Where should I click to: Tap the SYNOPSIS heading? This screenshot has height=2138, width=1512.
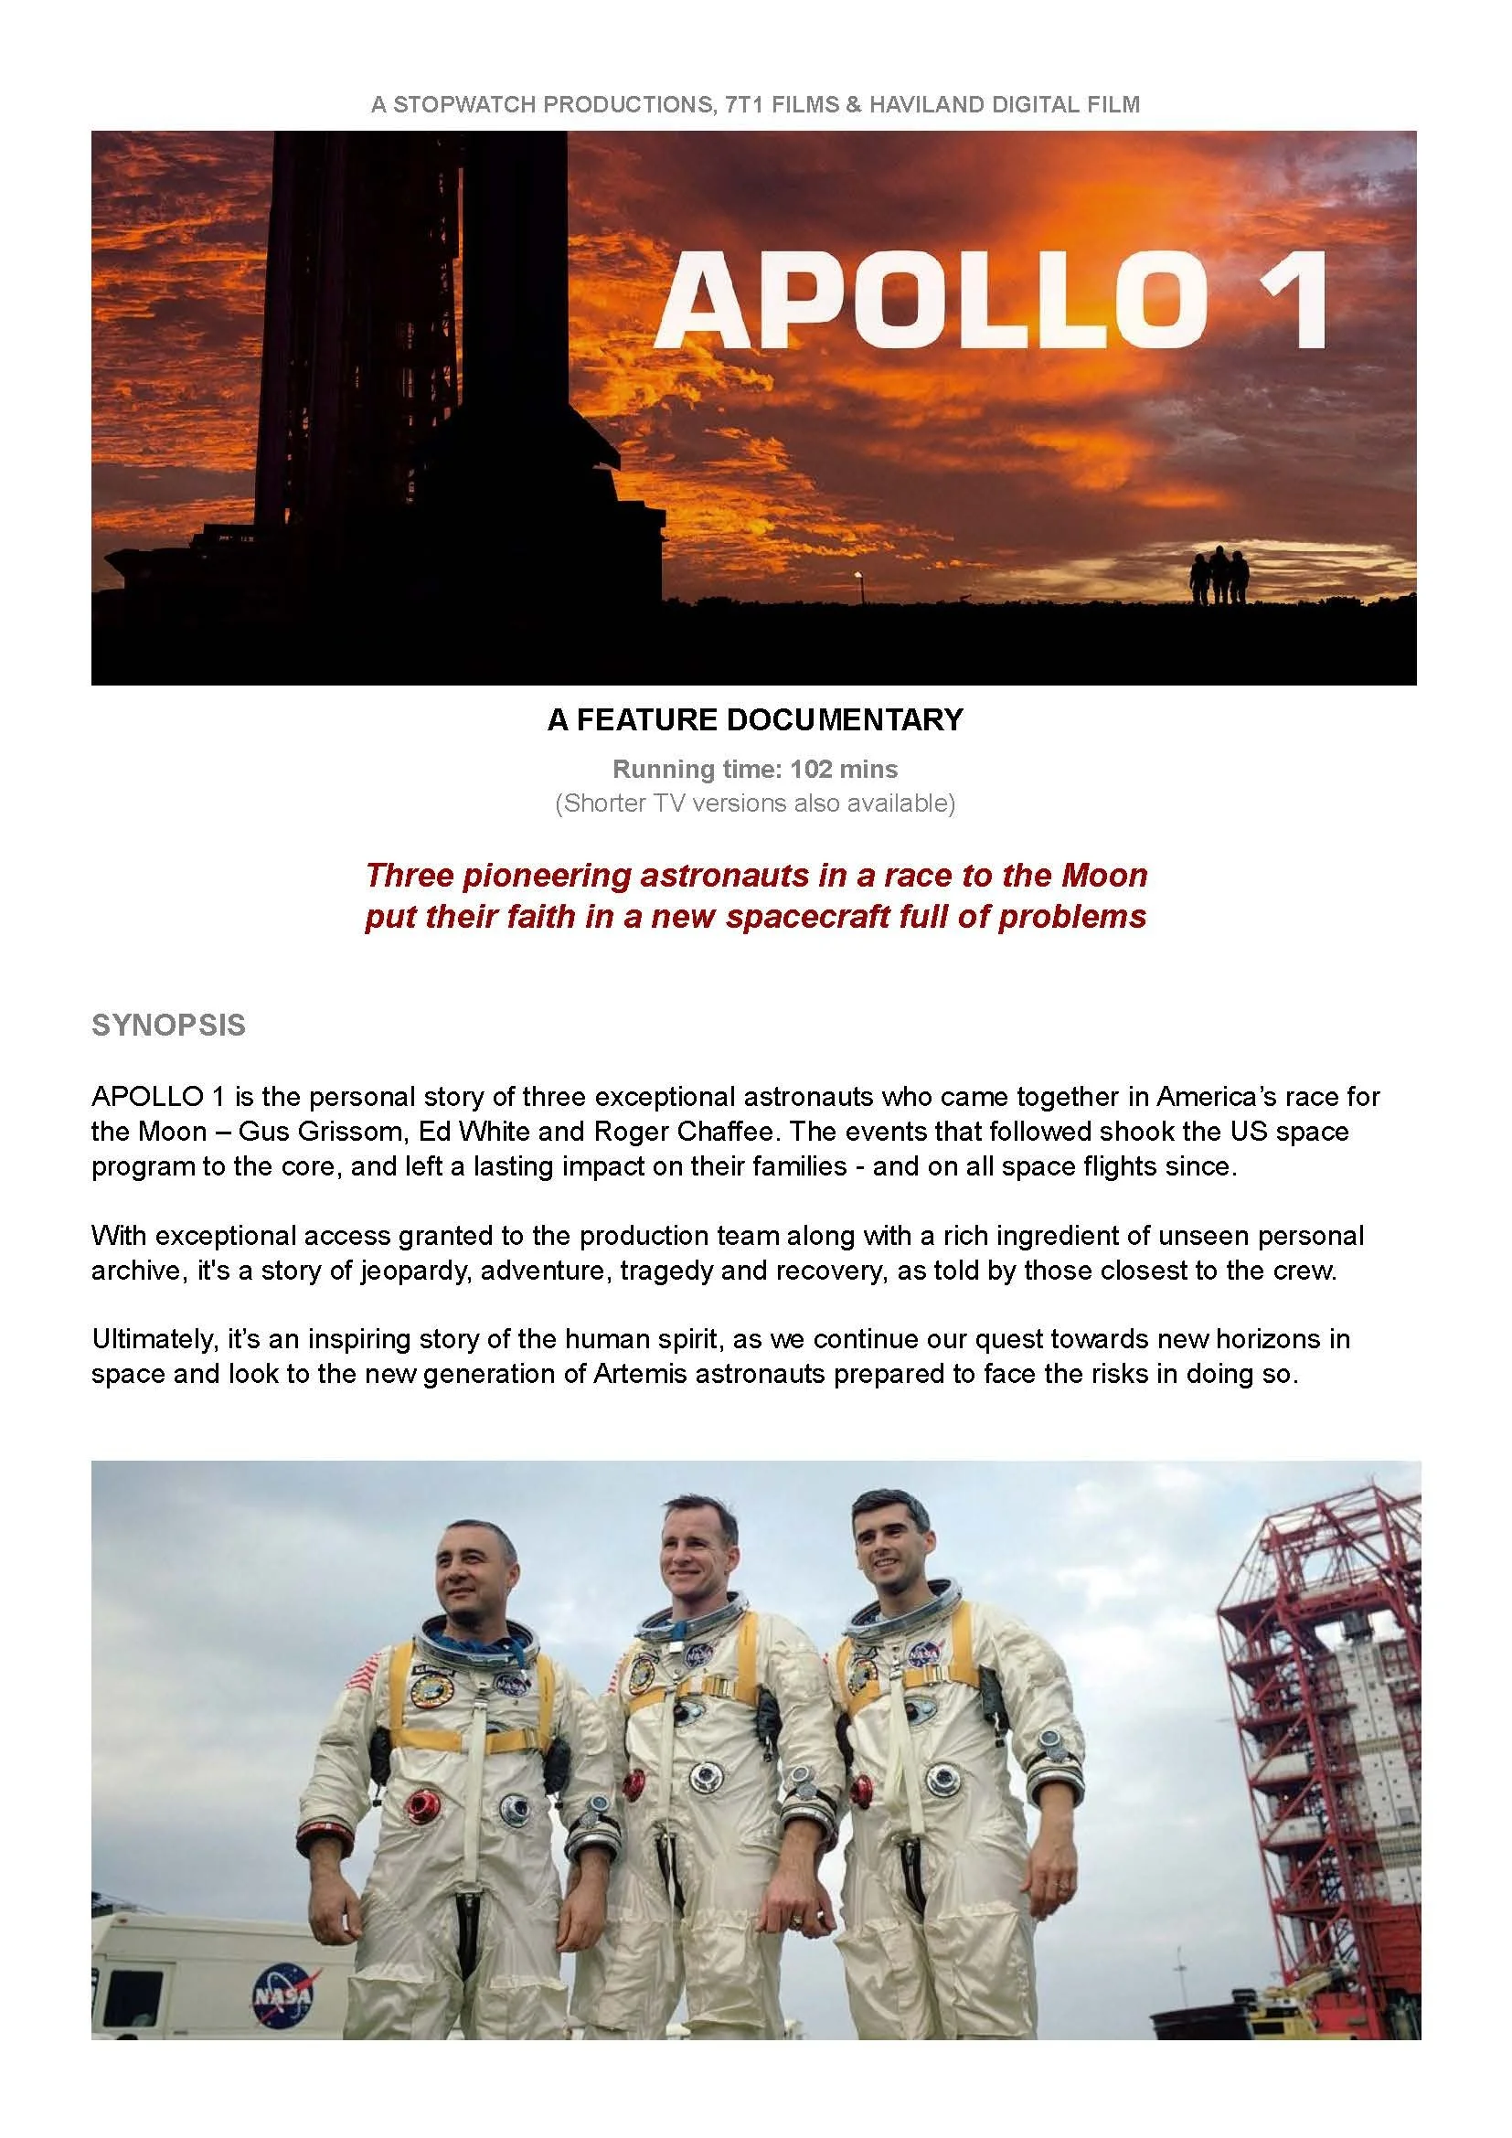point(168,1026)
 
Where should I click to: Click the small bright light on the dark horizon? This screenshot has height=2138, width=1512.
point(857,577)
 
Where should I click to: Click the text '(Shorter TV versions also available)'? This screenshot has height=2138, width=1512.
point(755,803)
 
